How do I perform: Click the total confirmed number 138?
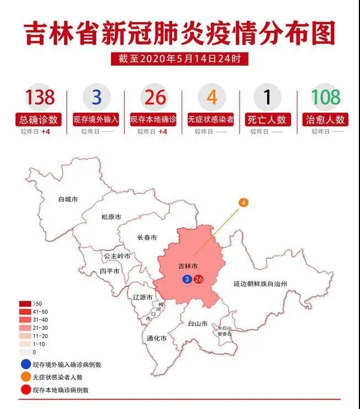(40, 98)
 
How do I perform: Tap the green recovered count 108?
(325, 98)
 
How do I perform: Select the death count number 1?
(267, 98)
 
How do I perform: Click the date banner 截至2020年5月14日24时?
(179, 58)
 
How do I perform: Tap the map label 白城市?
(68, 199)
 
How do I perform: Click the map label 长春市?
(147, 238)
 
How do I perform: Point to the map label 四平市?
(109, 272)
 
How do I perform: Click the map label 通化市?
(156, 338)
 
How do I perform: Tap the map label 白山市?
(197, 323)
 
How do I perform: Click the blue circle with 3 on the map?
(188, 279)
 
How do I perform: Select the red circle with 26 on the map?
(199, 279)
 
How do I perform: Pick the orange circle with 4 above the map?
(243, 203)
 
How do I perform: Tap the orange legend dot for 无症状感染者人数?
(25, 377)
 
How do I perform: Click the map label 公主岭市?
(117, 256)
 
